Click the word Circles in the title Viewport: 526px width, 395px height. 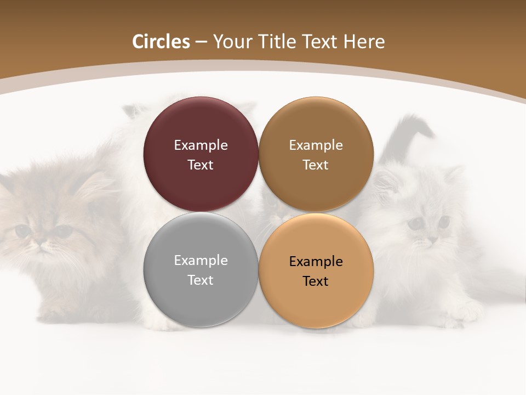161,42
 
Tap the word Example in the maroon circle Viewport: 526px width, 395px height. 201,145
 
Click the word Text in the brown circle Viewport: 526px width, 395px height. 316,165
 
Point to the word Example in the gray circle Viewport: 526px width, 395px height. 201,260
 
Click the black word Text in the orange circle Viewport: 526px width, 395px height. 316,281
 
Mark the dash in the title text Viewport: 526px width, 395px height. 201,42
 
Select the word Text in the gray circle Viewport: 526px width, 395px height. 201,280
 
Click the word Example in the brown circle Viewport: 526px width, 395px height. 316,145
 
